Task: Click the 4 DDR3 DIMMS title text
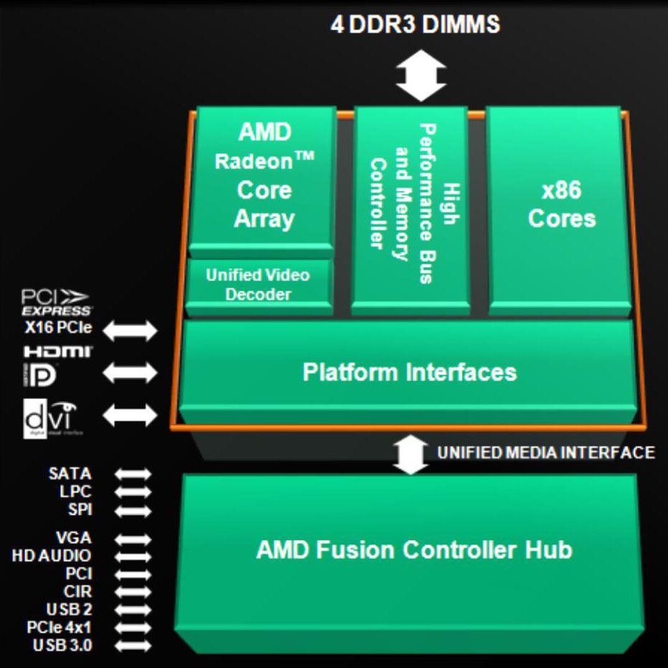(x=414, y=24)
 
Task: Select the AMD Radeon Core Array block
(x=264, y=176)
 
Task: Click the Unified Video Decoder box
(x=258, y=285)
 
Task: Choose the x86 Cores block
(x=561, y=205)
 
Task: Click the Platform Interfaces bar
(x=409, y=372)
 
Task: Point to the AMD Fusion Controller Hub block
(x=414, y=551)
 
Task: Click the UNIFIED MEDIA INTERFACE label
(x=546, y=452)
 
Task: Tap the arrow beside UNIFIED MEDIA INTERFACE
(x=411, y=454)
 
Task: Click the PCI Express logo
(x=56, y=302)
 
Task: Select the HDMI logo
(x=57, y=352)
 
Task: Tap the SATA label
(x=70, y=474)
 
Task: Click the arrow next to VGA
(x=134, y=539)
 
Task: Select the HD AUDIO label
(x=52, y=556)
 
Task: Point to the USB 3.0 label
(x=62, y=646)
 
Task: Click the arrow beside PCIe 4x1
(x=134, y=628)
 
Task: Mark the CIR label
(x=78, y=592)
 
